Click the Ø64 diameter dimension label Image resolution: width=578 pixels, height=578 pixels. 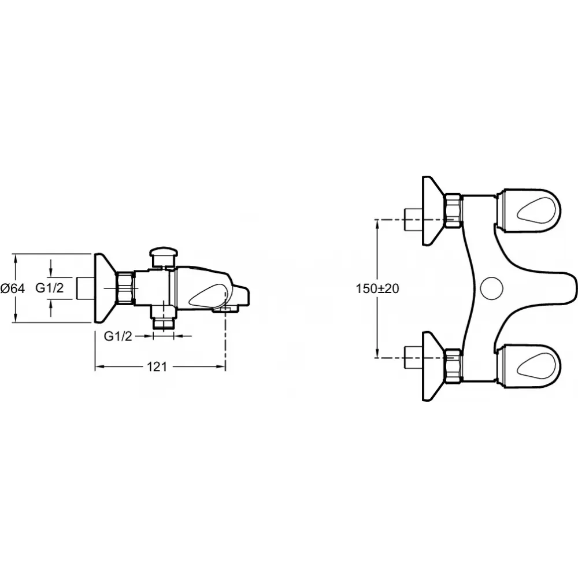point(13,288)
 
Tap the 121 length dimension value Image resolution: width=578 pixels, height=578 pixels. point(157,367)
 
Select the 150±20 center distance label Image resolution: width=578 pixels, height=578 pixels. point(377,288)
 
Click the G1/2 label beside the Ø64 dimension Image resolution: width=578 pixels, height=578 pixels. point(50,287)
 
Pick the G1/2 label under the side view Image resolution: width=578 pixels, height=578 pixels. point(118,336)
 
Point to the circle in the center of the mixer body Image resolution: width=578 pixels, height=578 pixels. point(492,288)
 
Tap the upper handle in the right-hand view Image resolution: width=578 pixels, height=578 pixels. point(528,210)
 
